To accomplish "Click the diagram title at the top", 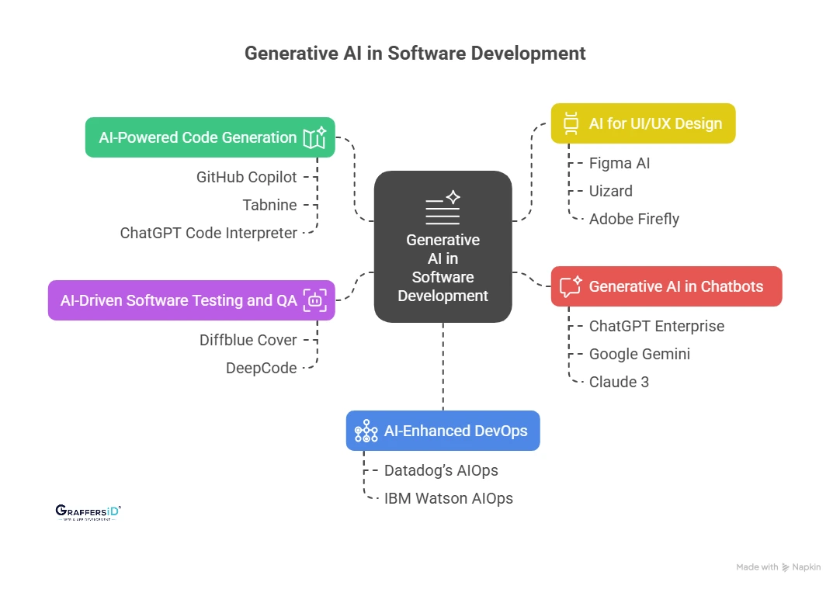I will click(x=415, y=54).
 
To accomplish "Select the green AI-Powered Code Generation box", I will click(x=210, y=137).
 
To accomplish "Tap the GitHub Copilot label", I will click(x=246, y=177).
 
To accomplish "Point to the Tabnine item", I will click(x=269, y=205).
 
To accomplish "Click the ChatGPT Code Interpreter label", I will click(x=208, y=233).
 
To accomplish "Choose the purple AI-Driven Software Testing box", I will click(x=191, y=300).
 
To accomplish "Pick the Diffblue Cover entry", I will click(x=248, y=340).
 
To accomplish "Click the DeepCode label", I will click(x=261, y=368).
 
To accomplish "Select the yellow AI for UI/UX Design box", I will click(x=643, y=123).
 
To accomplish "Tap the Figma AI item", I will click(x=619, y=163).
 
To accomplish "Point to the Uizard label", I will click(x=610, y=191).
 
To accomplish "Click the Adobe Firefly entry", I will click(x=633, y=219).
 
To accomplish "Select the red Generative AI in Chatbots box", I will click(x=666, y=286).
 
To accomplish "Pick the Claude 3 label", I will click(x=619, y=382).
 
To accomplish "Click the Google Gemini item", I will click(x=639, y=354).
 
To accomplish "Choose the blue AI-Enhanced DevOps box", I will click(x=443, y=431).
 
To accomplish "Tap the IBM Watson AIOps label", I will click(x=448, y=498).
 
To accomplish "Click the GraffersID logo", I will click(x=89, y=511).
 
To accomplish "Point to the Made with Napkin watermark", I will click(x=778, y=567).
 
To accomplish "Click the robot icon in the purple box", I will click(x=314, y=300).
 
